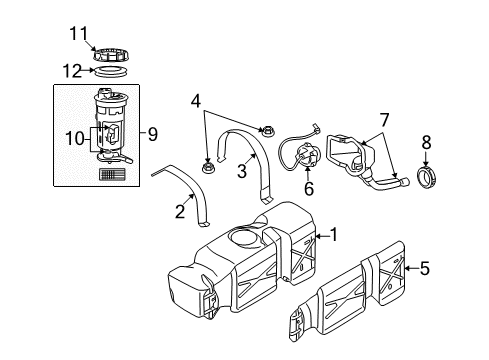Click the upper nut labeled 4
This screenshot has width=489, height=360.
[266, 129]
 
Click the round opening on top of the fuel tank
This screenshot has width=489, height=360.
[242, 238]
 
